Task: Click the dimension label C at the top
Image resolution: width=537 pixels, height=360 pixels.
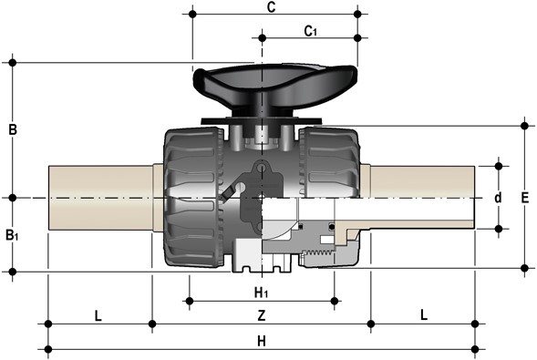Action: click(x=272, y=7)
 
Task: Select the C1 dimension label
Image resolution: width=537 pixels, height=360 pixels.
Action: click(x=311, y=31)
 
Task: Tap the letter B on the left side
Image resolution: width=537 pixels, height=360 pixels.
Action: click(x=13, y=129)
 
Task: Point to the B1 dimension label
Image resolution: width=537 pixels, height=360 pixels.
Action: click(x=12, y=235)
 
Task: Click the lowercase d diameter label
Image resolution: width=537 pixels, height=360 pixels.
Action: click(x=499, y=198)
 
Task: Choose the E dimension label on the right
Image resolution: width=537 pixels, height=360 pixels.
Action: click(x=524, y=198)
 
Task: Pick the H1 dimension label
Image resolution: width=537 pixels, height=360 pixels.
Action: click(x=261, y=293)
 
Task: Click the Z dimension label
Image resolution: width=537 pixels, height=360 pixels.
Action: click(x=262, y=315)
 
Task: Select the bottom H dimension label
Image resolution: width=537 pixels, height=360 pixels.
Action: click(x=262, y=341)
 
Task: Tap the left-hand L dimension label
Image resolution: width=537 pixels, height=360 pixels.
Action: click(x=98, y=315)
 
